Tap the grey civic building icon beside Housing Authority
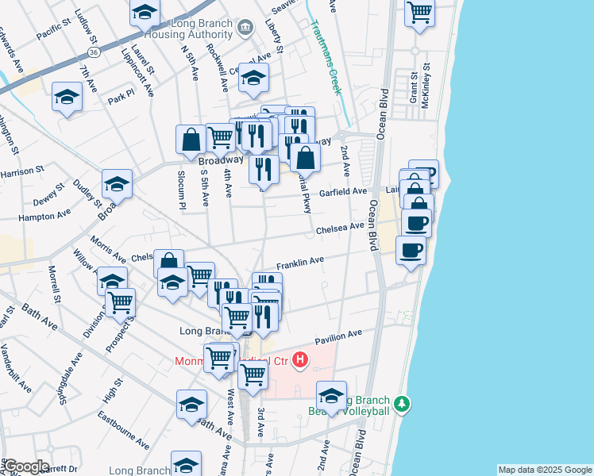(x=246, y=29)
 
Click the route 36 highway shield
(x=94, y=52)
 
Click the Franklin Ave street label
(x=300, y=261)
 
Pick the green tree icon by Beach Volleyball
(x=403, y=405)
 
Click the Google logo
(x=26, y=466)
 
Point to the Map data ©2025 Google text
(x=545, y=470)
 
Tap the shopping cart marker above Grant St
(x=419, y=13)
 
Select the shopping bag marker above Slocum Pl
(x=191, y=140)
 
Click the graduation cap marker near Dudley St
(x=118, y=186)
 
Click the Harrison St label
(x=22, y=171)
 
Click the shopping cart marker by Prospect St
(x=120, y=303)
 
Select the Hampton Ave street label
(x=44, y=216)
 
